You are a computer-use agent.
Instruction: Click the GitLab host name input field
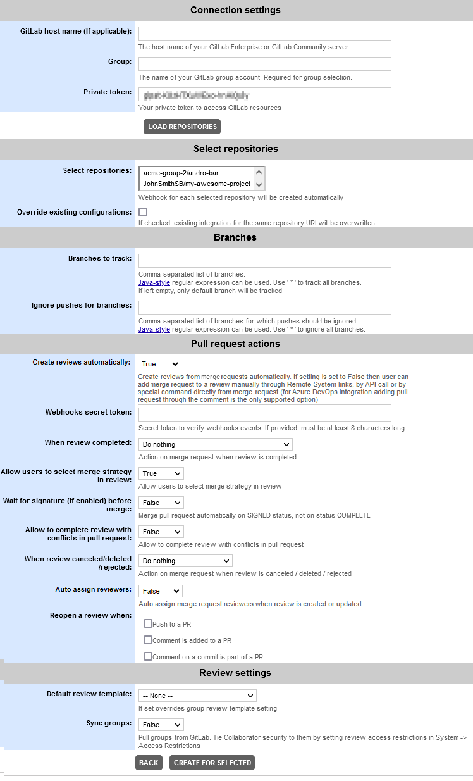click(264, 34)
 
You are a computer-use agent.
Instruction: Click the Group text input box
click(264, 64)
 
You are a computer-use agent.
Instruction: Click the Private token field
click(264, 94)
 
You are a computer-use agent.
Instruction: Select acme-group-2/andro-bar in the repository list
click(195, 172)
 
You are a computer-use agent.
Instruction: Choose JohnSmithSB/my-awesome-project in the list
click(197, 184)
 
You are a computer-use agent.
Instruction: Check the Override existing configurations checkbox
click(143, 212)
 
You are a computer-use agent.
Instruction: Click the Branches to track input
click(264, 261)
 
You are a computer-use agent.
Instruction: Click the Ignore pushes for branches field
click(264, 308)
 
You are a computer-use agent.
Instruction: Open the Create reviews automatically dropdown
click(159, 364)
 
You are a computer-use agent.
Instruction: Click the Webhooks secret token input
click(264, 414)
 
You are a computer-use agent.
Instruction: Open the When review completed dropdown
click(215, 444)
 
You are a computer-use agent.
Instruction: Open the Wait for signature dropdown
click(161, 503)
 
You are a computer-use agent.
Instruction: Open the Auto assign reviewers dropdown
click(160, 591)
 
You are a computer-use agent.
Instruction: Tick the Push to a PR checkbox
click(148, 623)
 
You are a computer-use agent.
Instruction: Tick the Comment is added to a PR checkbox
click(148, 640)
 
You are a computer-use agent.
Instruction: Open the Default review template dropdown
click(197, 696)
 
